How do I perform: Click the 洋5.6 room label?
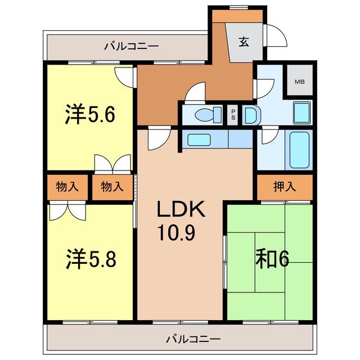click(x=90, y=114)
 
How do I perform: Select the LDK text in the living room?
click(x=181, y=209)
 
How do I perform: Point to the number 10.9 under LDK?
click(x=177, y=233)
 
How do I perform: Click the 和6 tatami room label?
click(x=272, y=259)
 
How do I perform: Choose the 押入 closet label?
click(x=285, y=186)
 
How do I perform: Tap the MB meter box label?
click(x=300, y=82)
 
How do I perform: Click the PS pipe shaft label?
click(x=233, y=115)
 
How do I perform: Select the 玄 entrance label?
click(x=244, y=42)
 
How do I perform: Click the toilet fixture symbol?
click(x=208, y=114)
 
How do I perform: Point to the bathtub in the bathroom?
click(x=299, y=150)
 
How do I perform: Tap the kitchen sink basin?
click(x=199, y=140)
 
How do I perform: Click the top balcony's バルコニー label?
click(x=131, y=46)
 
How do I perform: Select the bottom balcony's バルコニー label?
click(x=193, y=339)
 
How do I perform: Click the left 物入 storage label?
click(x=67, y=186)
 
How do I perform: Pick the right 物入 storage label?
click(x=112, y=186)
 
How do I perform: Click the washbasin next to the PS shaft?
click(x=251, y=115)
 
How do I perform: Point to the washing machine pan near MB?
click(x=302, y=113)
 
